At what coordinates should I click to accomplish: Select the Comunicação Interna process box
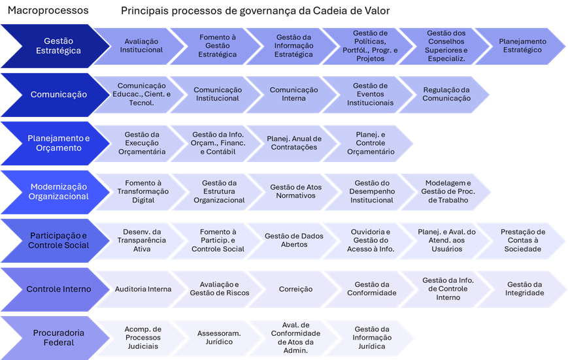(x=293, y=95)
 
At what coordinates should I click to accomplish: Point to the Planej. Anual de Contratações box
(x=294, y=143)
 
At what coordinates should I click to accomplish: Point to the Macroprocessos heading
(x=48, y=12)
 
